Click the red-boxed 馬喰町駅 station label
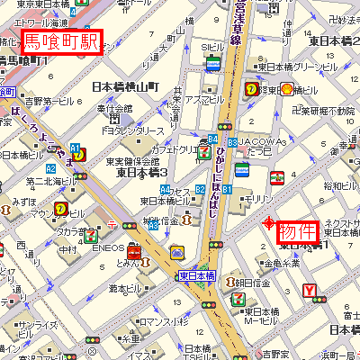click(x=60, y=41)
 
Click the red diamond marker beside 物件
click(x=267, y=223)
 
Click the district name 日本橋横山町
click(x=125, y=87)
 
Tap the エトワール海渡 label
click(x=42, y=20)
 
